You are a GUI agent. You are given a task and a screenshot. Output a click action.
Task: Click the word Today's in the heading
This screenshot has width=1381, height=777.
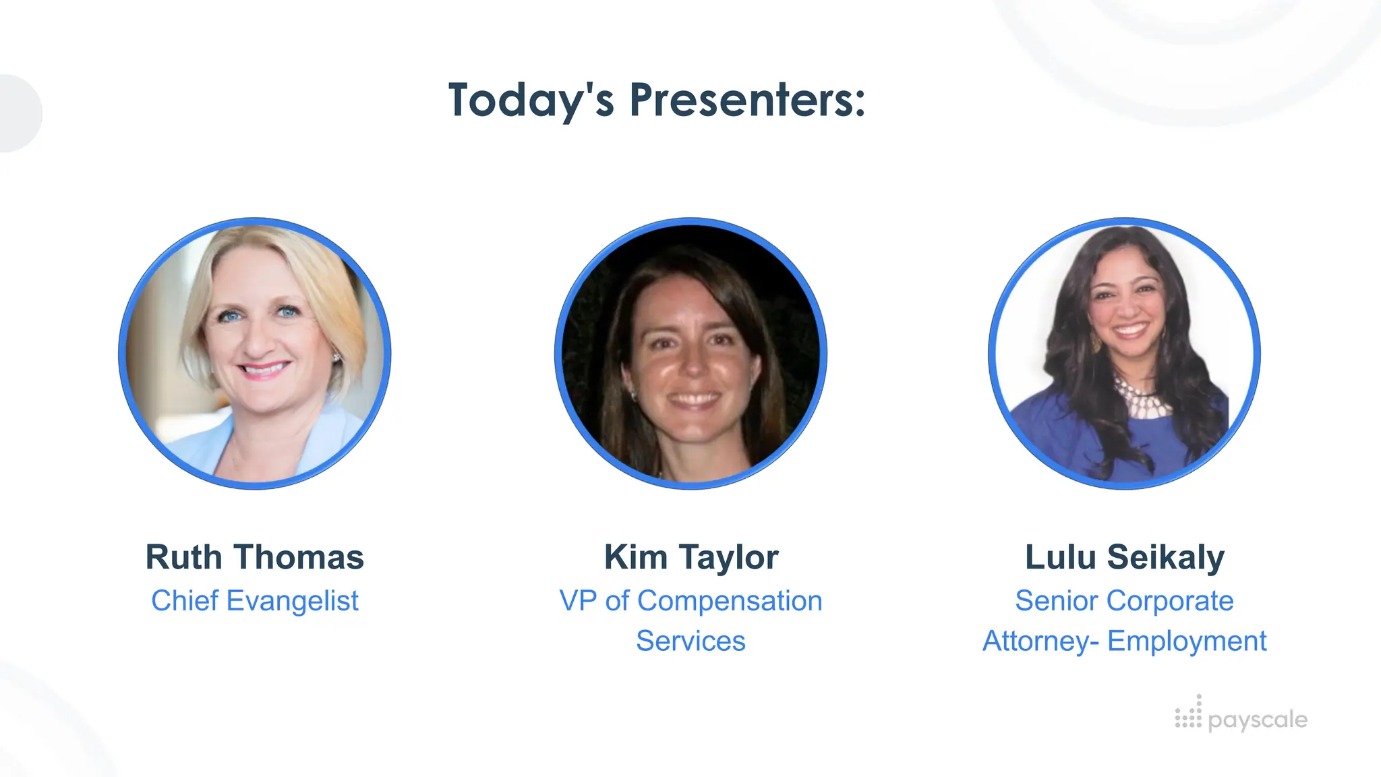coord(531,100)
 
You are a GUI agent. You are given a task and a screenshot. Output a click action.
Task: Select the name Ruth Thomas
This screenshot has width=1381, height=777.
coord(255,558)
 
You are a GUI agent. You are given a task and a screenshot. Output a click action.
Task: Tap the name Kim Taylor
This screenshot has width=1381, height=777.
coord(691,558)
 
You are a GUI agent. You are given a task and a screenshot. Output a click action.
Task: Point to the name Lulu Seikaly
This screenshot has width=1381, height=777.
coord(1125,558)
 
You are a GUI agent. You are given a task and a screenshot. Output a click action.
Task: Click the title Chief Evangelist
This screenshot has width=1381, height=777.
coord(255,601)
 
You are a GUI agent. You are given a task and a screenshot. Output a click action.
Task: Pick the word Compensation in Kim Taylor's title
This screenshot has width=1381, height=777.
coord(730,601)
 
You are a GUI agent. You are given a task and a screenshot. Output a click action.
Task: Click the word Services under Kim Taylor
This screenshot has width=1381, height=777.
coord(691,641)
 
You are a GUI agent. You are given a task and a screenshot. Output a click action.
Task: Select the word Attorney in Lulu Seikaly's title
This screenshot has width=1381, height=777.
coord(1036,641)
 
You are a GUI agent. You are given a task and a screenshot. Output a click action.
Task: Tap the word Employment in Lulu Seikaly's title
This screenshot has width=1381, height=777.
coord(1187,641)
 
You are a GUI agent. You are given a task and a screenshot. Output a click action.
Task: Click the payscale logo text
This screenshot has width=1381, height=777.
coord(1258,720)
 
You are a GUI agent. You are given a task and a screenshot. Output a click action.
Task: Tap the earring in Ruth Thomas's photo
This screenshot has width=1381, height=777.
coord(336,356)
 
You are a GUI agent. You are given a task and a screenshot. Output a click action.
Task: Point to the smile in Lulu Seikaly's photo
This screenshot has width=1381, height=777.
coord(1129,330)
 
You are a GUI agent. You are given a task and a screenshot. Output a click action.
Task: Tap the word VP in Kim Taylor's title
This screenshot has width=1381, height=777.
coord(578,601)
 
